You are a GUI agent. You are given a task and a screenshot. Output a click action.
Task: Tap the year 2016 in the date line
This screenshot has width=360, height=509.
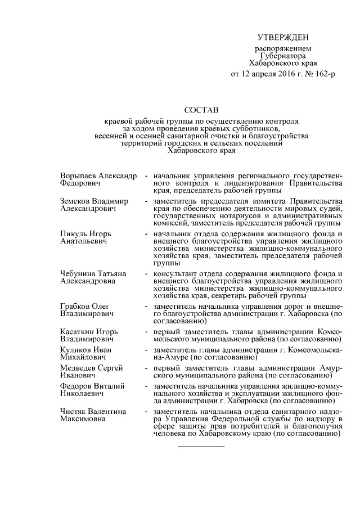tap(282, 74)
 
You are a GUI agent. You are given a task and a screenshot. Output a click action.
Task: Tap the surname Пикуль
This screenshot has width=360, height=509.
tap(74, 233)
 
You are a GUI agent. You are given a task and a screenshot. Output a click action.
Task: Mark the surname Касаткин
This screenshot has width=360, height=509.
tap(78, 332)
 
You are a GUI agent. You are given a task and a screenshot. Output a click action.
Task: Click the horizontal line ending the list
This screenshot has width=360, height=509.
tap(201, 446)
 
